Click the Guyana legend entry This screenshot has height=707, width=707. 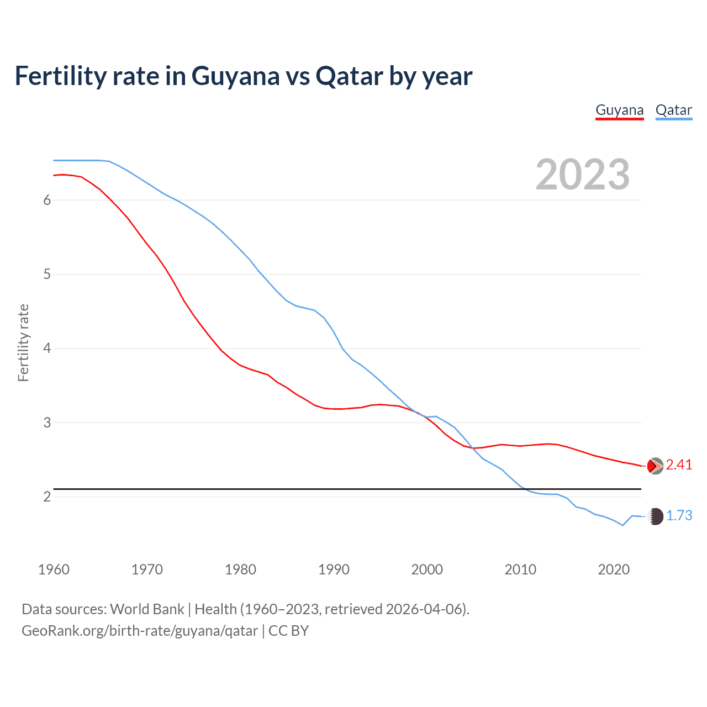pos(619,110)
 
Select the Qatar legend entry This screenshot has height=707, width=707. pos(673,110)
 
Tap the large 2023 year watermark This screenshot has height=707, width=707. pos(582,175)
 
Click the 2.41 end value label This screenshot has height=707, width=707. pos(679,465)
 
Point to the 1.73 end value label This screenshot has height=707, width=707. pos(679,515)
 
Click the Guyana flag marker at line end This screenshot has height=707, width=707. pos(655,466)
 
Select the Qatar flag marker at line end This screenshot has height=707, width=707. pos(655,516)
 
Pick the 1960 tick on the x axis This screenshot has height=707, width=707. pos(54,569)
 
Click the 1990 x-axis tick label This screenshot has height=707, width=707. pos(334,569)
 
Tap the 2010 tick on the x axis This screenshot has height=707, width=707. pos(520,569)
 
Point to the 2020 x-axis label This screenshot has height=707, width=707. pos(614,569)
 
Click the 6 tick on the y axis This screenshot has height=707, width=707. pos(47,200)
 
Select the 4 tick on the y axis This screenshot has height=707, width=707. pos(47,349)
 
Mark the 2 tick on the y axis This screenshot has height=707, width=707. pos(47,497)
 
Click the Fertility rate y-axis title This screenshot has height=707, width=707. pos(23,342)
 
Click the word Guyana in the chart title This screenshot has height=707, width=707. pos(235,76)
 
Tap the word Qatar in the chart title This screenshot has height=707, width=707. pos(349,76)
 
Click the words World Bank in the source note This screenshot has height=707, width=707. pos(147,609)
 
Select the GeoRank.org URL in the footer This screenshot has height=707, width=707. pos(139,631)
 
